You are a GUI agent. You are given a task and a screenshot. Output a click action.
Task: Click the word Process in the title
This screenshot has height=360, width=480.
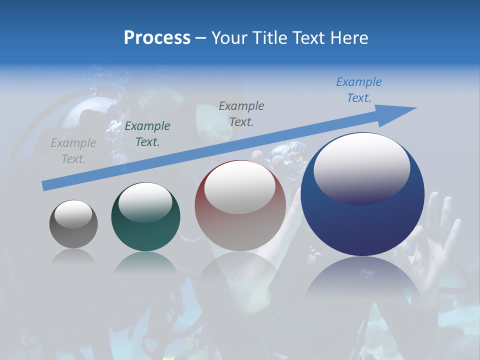coord(157,38)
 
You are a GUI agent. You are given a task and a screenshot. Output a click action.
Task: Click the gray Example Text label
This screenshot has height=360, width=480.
coord(73,151)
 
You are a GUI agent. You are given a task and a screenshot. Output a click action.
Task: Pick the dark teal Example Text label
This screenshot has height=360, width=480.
coord(147,134)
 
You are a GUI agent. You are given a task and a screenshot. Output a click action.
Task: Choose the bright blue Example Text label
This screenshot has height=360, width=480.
coord(359,90)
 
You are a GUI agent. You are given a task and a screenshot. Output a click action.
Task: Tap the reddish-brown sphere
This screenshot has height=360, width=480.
coord(240,220)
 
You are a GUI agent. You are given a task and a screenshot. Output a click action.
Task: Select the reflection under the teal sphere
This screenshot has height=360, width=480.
coord(145,262)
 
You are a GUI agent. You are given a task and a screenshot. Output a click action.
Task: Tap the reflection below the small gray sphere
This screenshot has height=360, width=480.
coord(73,256)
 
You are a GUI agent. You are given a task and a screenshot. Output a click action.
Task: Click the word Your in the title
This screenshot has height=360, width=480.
coord(229,38)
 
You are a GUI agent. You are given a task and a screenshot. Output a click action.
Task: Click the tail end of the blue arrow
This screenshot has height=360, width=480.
coord(46,185)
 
